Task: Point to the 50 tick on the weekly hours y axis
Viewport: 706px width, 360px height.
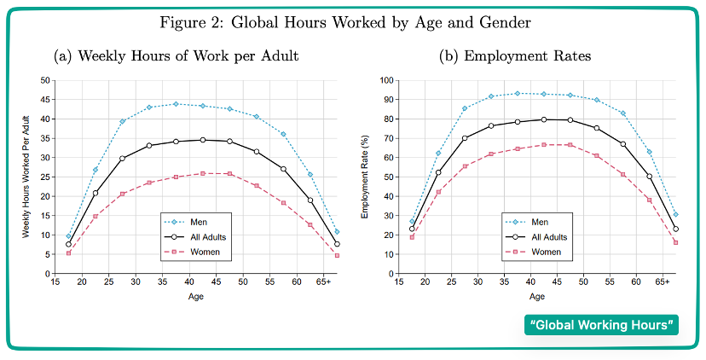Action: pyautogui.click(x=45, y=80)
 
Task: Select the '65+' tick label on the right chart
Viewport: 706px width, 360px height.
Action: pyautogui.click(x=663, y=282)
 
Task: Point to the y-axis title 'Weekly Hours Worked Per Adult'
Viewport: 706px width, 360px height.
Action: pyautogui.click(x=26, y=177)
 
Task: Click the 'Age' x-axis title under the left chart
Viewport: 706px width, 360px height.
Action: pyautogui.click(x=196, y=296)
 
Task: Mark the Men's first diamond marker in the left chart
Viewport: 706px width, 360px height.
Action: pyautogui.click(x=69, y=236)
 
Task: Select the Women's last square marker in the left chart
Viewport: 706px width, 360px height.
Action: pyautogui.click(x=337, y=255)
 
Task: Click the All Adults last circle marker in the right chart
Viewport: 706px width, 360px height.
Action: pyautogui.click(x=676, y=229)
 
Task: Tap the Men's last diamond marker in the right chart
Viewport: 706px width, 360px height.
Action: pyautogui.click(x=676, y=214)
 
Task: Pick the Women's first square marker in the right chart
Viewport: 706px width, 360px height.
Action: pyautogui.click(x=412, y=236)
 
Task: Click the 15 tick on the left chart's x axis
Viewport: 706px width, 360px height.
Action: pyautogui.click(x=55, y=282)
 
